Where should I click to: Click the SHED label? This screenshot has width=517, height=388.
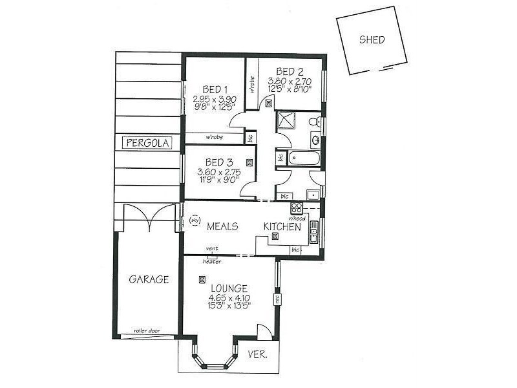pos(372,40)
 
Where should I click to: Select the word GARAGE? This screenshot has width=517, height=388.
pos(149,279)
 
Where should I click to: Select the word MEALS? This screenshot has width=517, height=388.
pos(222,226)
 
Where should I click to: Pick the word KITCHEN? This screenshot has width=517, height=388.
pos(282,227)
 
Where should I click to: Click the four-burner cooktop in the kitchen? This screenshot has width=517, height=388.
pos(297,208)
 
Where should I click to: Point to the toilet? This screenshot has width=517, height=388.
pos(313,121)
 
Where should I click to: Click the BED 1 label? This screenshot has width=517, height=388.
pos(215,89)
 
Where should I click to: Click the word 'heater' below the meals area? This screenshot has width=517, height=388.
pos(212,261)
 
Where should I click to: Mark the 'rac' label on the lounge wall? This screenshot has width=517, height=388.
pos(277,299)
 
